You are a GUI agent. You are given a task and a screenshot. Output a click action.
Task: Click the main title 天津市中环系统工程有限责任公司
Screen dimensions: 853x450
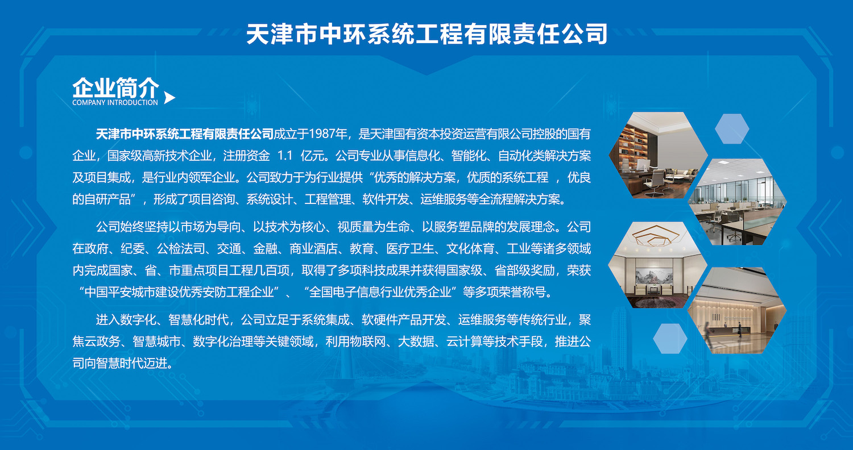coord(426,34)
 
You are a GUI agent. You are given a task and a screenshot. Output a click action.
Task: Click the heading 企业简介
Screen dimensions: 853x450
coord(115,88)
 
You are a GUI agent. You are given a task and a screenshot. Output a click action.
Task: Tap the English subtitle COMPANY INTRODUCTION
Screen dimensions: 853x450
coord(115,102)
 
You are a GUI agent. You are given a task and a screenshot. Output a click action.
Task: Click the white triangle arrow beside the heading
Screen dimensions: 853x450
coord(169,98)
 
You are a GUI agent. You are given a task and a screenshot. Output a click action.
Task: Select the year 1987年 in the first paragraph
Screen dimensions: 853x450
coord(328,134)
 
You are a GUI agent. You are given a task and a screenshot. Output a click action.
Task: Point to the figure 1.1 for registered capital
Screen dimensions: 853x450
coord(285,156)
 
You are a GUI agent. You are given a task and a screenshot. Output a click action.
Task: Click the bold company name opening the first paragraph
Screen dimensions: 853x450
coord(184,134)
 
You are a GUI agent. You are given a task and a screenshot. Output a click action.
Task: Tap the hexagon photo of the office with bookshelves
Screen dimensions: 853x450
coord(658,155)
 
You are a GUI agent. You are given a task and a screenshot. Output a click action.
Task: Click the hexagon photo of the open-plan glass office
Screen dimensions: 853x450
coord(737,202)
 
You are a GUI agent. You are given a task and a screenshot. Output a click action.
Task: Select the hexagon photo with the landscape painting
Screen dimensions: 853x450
coord(657,265)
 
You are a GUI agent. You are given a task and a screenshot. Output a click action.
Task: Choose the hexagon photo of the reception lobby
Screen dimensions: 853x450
coord(737,310)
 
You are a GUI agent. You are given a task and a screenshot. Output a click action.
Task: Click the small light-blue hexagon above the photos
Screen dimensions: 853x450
coord(732,128)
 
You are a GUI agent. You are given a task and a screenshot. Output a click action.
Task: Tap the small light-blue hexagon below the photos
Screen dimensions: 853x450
coord(670,339)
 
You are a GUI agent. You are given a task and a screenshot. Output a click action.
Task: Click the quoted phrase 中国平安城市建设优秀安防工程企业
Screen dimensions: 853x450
coord(179,292)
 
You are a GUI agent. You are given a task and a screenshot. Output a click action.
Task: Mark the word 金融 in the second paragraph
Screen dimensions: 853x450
coord(266,249)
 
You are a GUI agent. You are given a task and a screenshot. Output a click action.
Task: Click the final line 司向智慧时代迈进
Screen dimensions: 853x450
coord(123,363)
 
